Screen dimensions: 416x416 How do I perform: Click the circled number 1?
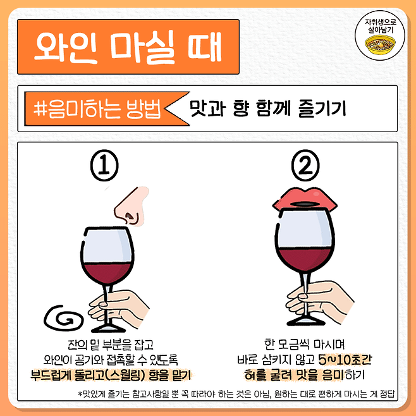click(104, 165)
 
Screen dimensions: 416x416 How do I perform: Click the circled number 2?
click(305, 165)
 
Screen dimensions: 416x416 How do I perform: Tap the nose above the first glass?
click(132, 205)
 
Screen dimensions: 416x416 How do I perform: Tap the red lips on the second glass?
click(305, 199)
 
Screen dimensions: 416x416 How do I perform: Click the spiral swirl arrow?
click(64, 317)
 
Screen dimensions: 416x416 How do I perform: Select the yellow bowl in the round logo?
click(380, 44)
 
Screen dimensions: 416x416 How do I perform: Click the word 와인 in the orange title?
click(66, 47)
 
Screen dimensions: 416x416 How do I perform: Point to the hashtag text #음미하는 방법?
click(97, 109)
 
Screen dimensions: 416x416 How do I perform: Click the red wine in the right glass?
click(305, 259)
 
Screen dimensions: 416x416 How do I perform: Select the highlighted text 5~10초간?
click(345, 360)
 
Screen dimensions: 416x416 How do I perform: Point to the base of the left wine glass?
click(108, 329)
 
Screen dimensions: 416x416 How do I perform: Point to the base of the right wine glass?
click(305, 322)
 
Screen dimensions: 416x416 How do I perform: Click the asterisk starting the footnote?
click(80, 393)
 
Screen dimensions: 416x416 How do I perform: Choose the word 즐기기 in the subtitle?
click(322, 108)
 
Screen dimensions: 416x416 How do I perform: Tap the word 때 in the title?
click(204, 47)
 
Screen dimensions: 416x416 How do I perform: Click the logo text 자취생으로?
click(380, 21)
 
